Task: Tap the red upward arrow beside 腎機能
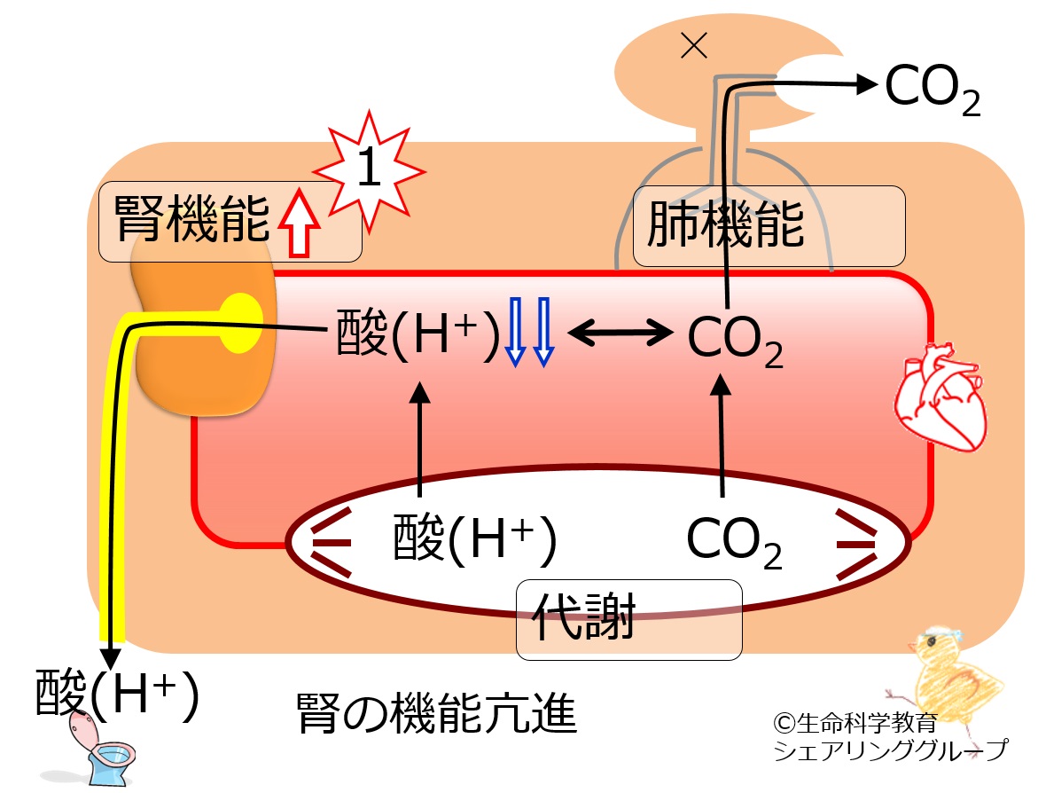coord(300,222)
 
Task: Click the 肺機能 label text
coord(726,224)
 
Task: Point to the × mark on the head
coord(694,46)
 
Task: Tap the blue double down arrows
coord(529,332)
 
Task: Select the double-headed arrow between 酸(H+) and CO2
coord(620,332)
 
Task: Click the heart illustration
coord(940,396)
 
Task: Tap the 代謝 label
coord(584,616)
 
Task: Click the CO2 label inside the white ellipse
coord(734,542)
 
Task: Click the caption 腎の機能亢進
coord(437,714)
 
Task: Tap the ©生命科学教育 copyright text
coord(855,723)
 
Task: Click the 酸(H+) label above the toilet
coord(117,693)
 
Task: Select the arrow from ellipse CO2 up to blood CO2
coord(721,435)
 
